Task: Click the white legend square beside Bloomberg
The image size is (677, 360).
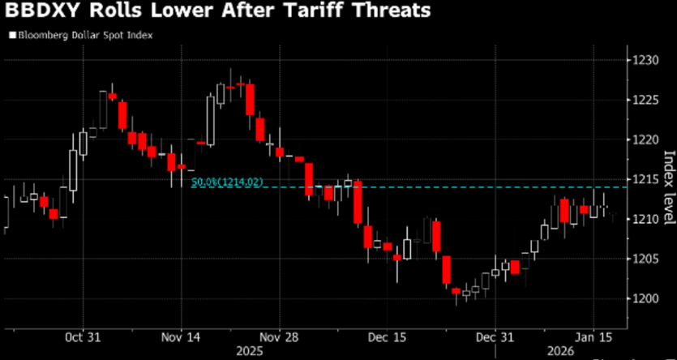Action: pyautogui.click(x=11, y=36)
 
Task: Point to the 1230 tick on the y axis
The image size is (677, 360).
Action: pyautogui.click(x=647, y=60)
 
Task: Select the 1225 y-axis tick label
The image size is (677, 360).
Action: pyautogui.click(x=647, y=100)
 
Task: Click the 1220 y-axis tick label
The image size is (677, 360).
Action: pyautogui.click(x=647, y=139)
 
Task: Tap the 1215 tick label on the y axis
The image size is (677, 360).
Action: pyautogui.click(x=647, y=179)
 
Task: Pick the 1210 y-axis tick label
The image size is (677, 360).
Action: pyautogui.click(x=647, y=219)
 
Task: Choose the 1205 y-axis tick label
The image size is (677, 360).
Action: pyautogui.click(x=647, y=259)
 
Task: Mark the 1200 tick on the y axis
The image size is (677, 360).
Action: pyautogui.click(x=647, y=298)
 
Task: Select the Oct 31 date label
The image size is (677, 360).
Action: pyautogui.click(x=82, y=336)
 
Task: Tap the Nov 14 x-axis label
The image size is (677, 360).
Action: pyautogui.click(x=182, y=336)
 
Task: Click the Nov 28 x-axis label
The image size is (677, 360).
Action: pyautogui.click(x=280, y=336)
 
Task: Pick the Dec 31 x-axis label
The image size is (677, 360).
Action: pyautogui.click(x=495, y=336)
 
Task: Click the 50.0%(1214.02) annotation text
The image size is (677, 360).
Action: pyautogui.click(x=227, y=182)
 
